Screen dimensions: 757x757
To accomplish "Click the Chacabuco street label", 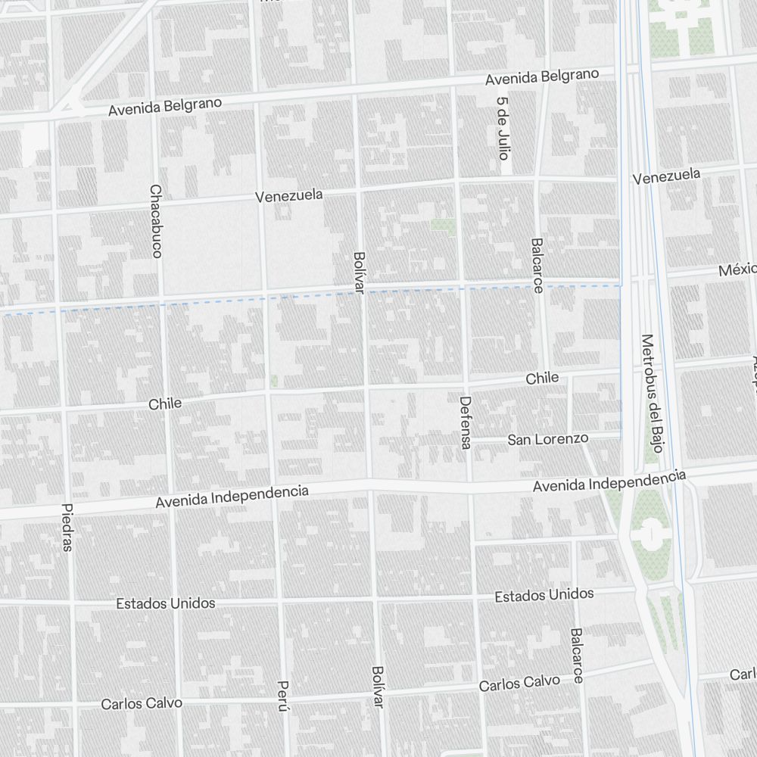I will click(x=156, y=221).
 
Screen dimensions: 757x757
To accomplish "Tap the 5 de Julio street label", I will click(x=503, y=127).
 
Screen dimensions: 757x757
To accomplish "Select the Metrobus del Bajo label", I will click(x=650, y=393).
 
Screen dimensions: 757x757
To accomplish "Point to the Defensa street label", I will click(x=466, y=422).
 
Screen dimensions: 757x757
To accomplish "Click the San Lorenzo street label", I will click(x=547, y=439).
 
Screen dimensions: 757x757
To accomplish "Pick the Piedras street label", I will click(x=67, y=527).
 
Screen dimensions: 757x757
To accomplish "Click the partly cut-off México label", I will click(x=737, y=270).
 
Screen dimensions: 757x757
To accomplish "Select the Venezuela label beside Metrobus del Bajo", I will click(x=666, y=176).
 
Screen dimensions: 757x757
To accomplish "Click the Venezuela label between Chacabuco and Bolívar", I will click(x=288, y=196).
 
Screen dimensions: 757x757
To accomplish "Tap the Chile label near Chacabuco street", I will click(x=165, y=403).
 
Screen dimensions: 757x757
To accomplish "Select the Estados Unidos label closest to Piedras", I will click(x=165, y=603).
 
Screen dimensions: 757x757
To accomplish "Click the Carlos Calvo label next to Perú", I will click(x=142, y=703).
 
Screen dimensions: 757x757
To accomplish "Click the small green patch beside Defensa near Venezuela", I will click(x=443, y=225).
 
